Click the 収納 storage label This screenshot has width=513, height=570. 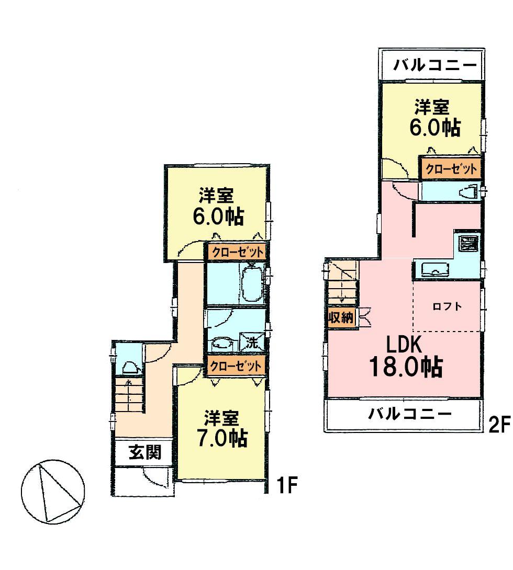[x=341, y=317]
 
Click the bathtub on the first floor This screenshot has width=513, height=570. [x=252, y=283]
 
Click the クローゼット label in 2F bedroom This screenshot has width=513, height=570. [x=451, y=169]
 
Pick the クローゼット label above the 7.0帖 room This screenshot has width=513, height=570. [x=236, y=366]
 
